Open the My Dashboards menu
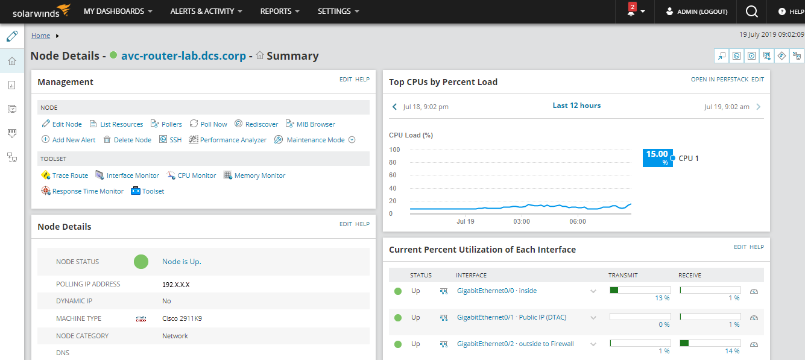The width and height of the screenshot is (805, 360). click(118, 11)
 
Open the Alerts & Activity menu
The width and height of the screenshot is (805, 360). click(206, 11)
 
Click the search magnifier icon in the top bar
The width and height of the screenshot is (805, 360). click(751, 11)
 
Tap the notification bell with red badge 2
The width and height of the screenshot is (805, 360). click(631, 11)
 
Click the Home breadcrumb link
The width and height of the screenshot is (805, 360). click(40, 36)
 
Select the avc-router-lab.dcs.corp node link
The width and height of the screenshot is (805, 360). click(183, 56)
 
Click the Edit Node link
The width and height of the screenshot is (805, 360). click(66, 124)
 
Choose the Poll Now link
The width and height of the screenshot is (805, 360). click(213, 124)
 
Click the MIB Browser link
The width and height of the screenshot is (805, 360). click(315, 124)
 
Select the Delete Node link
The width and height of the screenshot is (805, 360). click(132, 140)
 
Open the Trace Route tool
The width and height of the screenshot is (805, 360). click(70, 175)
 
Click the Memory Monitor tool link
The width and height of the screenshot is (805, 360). click(260, 175)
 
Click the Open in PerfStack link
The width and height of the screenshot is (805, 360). click(719, 80)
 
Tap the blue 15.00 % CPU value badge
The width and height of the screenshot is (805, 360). click(657, 157)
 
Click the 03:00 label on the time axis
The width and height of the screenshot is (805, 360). click(522, 221)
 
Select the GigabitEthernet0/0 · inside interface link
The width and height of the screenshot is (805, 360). click(496, 291)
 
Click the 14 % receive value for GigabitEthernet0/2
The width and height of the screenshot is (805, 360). click(732, 351)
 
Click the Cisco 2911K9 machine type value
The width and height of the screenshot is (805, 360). click(182, 318)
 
